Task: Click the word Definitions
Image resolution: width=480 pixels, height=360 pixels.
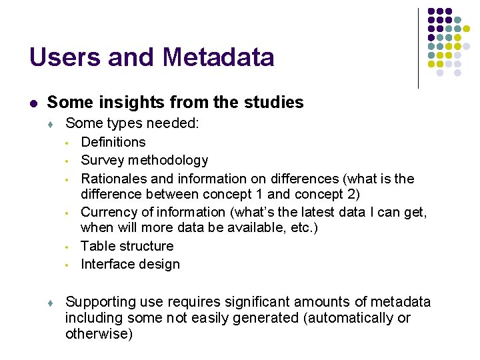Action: pyautogui.click(x=113, y=142)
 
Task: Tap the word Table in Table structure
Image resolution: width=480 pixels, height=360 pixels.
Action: pyautogui.click(x=97, y=246)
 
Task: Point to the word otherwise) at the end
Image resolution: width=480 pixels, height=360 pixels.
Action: pyautogui.click(x=99, y=334)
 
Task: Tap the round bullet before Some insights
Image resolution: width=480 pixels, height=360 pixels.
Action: pyautogui.click(x=33, y=103)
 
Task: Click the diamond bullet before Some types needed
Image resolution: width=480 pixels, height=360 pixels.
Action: pyautogui.click(x=51, y=124)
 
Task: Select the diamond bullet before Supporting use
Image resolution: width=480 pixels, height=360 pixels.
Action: pyautogui.click(x=51, y=303)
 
